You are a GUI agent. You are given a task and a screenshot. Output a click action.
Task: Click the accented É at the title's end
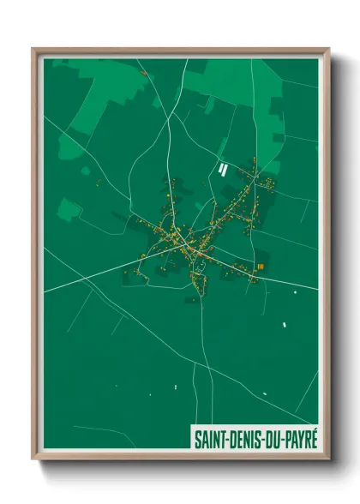coord(313,437)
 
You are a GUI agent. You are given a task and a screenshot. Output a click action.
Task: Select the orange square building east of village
coord(260,267)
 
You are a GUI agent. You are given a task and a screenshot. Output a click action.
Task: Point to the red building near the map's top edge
coord(144,73)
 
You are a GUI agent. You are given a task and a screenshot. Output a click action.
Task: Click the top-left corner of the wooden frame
coord(33,49)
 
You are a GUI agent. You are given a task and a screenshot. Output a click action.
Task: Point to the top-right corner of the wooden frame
coord(328,49)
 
